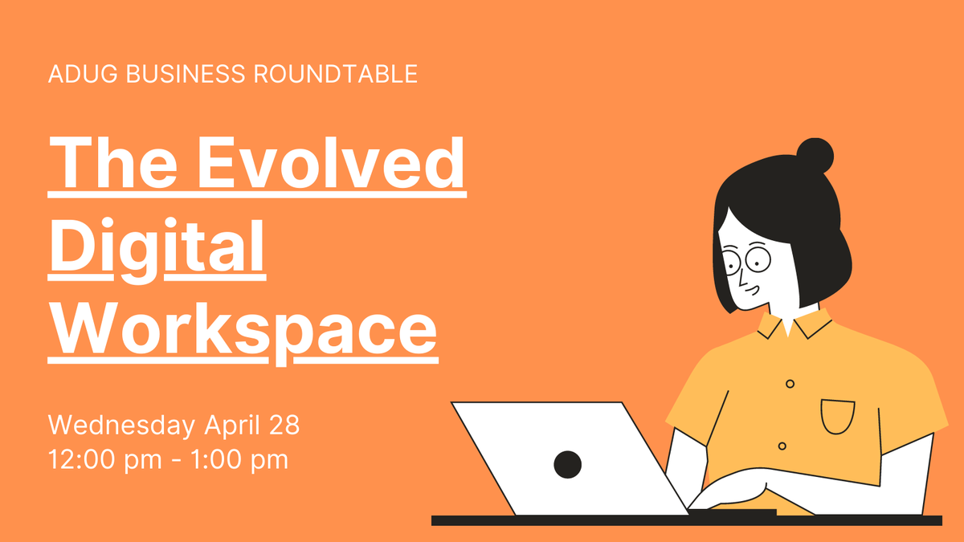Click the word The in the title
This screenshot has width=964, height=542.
pos(112,162)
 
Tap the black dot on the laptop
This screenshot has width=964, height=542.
pos(567,463)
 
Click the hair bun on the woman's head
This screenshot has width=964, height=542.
pos(815,154)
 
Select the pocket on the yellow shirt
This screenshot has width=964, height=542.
pos(837,417)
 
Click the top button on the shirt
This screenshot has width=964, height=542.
pos(790,383)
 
